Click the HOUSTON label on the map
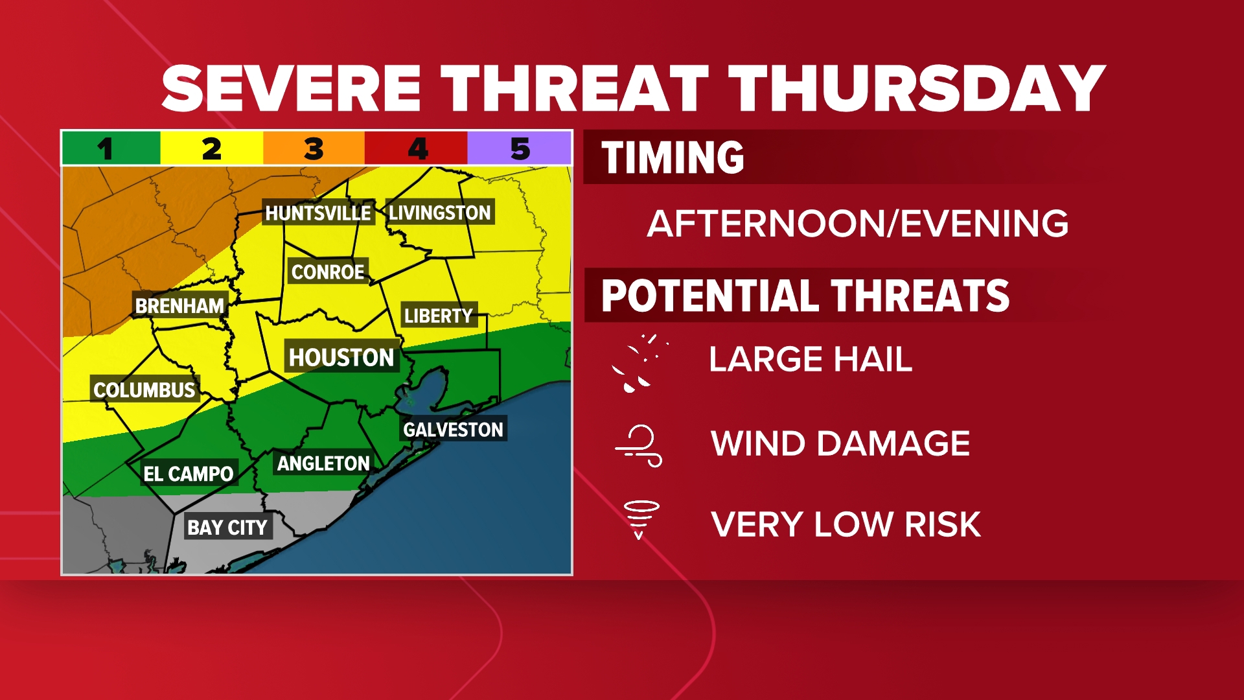point(341,357)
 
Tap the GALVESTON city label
point(453,429)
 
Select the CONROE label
point(328,272)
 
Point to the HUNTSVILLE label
point(318,213)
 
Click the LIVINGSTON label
point(440,212)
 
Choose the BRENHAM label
point(179,305)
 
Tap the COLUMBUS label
point(144,390)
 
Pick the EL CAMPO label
point(189,474)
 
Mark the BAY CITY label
point(227,528)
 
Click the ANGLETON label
point(323,463)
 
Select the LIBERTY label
point(439,316)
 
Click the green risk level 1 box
point(111,148)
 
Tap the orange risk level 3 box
point(314,148)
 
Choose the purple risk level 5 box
point(520,148)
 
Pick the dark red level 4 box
point(417,148)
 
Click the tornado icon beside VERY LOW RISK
point(641,519)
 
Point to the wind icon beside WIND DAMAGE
point(639,445)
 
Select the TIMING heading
point(673,157)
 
